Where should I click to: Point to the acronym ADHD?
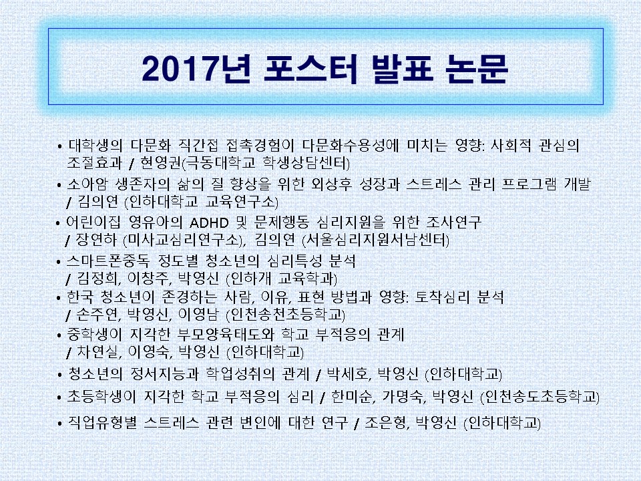coord(209,223)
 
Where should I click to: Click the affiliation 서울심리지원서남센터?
coord(375,240)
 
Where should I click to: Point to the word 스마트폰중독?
coord(108,261)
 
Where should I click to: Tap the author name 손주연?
coord(98,315)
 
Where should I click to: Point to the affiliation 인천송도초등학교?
coord(540,397)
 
